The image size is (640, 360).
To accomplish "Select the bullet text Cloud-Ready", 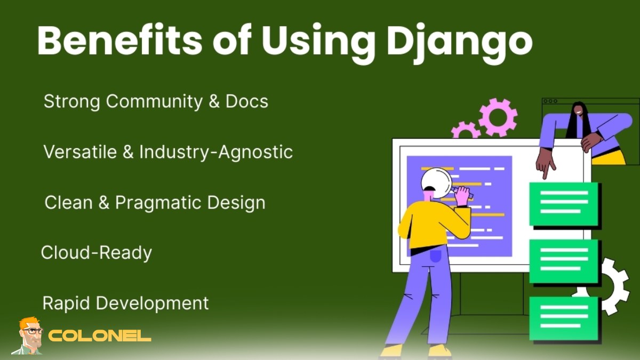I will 97,252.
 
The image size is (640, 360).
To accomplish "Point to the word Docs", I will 246,101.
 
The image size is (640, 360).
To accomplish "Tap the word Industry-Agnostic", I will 216,152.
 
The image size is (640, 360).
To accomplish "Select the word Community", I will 154,101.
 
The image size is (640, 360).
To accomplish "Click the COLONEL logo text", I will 100,337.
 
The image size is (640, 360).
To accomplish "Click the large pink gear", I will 498,117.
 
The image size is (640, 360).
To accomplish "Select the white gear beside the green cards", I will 613,285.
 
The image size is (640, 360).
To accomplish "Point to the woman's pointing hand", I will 545,164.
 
